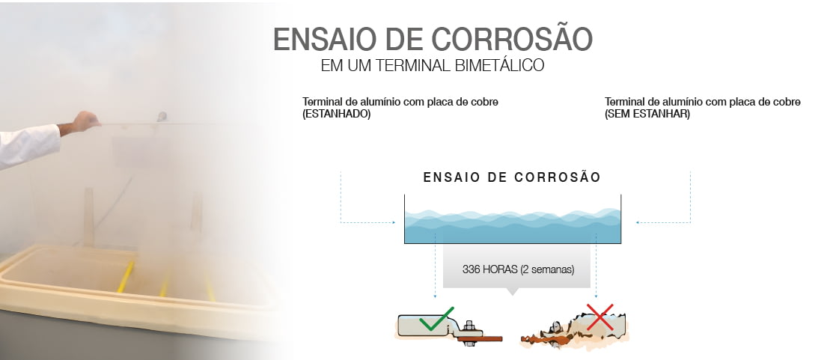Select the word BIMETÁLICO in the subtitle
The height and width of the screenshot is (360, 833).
click(x=499, y=65)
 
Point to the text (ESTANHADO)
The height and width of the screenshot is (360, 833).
click(x=336, y=115)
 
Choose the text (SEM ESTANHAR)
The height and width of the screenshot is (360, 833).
click(x=647, y=115)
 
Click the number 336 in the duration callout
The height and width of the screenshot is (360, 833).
click(x=472, y=269)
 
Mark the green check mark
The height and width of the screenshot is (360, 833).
click(x=436, y=319)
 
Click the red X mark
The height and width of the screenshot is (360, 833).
click(x=599, y=317)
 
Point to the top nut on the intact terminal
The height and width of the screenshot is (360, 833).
click(x=469, y=326)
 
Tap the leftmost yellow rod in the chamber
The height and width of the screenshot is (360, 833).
click(x=126, y=277)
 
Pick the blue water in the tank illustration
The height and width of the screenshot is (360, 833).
click(x=513, y=226)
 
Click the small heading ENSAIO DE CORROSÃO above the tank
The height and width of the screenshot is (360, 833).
click(x=512, y=177)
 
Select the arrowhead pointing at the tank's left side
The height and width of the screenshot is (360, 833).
click(x=394, y=222)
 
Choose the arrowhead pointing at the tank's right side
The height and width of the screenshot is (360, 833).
click(x=638, y=222)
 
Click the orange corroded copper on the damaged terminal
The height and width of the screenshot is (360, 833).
click(x=543, y=337)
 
